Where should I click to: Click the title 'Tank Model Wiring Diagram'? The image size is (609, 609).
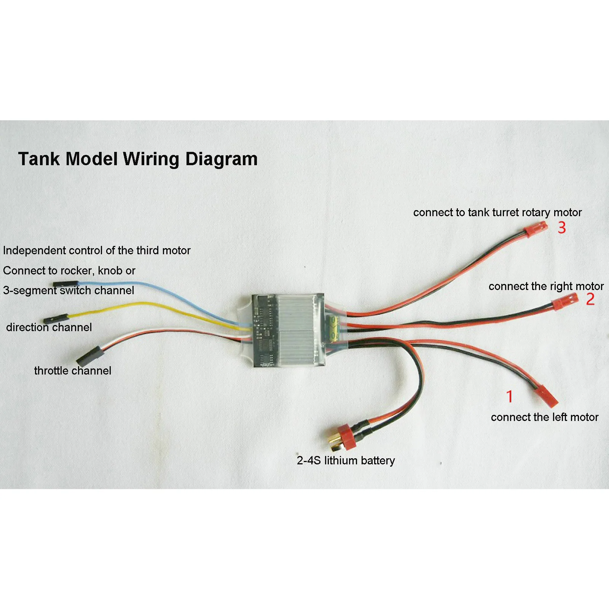[138, 159]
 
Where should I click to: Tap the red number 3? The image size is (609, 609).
[562, 228]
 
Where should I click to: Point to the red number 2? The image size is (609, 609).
[590, 299]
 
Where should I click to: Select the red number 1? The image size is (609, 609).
[510, 397]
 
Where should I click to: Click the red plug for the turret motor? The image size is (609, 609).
[535, 230]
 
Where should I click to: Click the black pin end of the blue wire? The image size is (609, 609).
[65, 284]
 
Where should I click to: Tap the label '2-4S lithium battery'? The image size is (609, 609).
[346, 461]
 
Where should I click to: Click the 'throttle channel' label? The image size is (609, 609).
[73, 371]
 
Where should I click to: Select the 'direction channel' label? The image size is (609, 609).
[49, 327]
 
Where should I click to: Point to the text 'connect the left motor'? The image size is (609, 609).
[544, 417]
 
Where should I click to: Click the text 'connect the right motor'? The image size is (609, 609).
[546, 286]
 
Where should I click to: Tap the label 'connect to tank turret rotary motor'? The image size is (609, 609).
[497, 212]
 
